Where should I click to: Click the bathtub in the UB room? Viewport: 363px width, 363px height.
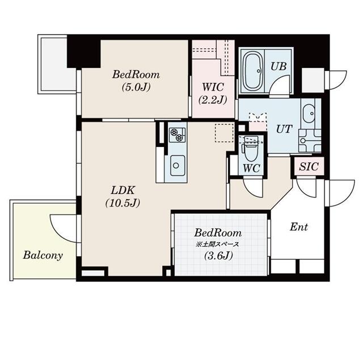(x=253, y=71)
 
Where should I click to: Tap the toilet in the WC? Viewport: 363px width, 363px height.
(x=250, y=150)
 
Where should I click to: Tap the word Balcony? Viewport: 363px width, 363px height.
(x=43, y=255)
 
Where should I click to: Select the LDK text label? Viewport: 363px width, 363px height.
(x=122, y=190)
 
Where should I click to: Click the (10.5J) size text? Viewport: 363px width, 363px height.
(x=122, y=202)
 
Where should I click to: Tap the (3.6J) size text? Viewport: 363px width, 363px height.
(x=218, y=256)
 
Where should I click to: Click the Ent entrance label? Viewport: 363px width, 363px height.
(x=299, y=227)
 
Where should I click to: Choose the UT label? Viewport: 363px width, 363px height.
(x=284, y=129)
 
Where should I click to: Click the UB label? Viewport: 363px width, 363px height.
(x=278, y=66)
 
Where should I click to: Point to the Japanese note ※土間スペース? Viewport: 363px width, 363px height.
(x=218, y=244)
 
